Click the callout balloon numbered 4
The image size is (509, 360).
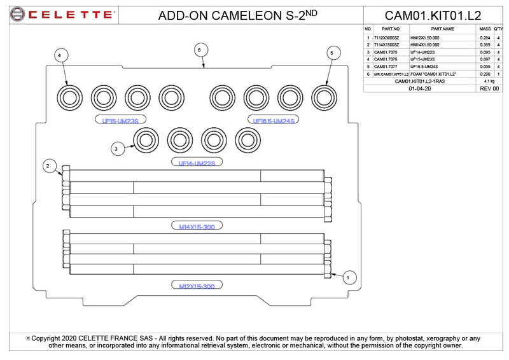59,56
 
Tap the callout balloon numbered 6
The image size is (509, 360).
199,49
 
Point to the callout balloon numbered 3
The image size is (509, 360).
116,149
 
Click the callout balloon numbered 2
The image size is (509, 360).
47,166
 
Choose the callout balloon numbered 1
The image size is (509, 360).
348,277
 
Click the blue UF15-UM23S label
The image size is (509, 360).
120,120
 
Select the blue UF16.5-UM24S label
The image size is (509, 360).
274,120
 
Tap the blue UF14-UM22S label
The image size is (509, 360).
197,163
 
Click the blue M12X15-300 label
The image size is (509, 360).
197,286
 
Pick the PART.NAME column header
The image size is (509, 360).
442,29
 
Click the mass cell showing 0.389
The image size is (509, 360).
485,45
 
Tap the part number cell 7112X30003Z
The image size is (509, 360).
387,38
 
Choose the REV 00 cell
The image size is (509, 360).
490,89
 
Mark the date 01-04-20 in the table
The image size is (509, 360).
420,89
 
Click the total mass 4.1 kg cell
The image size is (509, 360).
489,81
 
